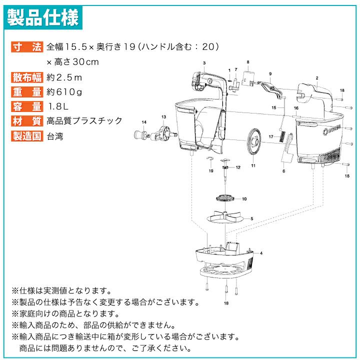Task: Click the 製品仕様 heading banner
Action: (x=43, y=17)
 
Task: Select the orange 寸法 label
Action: (x=27, y=47)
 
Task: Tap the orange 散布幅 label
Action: (x=27, y=77)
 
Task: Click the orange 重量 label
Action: (x=27, y=92)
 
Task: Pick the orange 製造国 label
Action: (x=27, y=136)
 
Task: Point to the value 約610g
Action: (x=64, y=92)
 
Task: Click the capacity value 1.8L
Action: (x=58, y=106)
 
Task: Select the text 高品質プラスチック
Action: (x=84, y=121)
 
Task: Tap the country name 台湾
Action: (x=55, y=136)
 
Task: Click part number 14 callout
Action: (x=144, y=122)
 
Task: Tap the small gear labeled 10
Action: (x=224, y=198)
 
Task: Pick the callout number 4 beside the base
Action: (x=261, y=253)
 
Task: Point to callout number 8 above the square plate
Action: (x=248, y=62)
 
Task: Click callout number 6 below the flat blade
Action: (x=284, y=171)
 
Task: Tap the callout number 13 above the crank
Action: (x=163, y=117)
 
